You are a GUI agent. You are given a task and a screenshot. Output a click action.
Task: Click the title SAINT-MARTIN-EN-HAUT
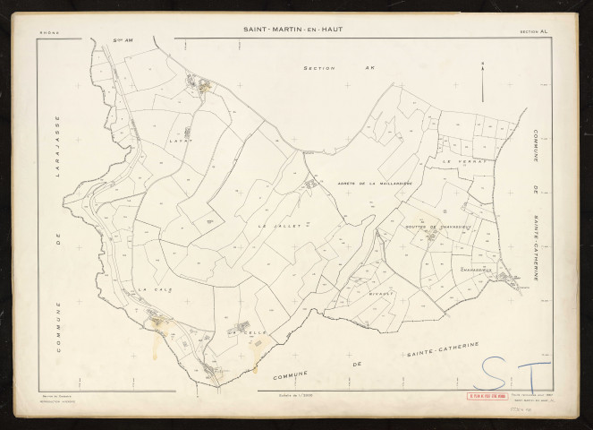pyautogui.click(x=292, y=29)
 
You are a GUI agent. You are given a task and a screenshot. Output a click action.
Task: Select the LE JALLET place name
pyautogui.click(x=278, y=228)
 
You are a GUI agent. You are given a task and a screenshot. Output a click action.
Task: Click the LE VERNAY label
pyautogui.click(x=462, y=162)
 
